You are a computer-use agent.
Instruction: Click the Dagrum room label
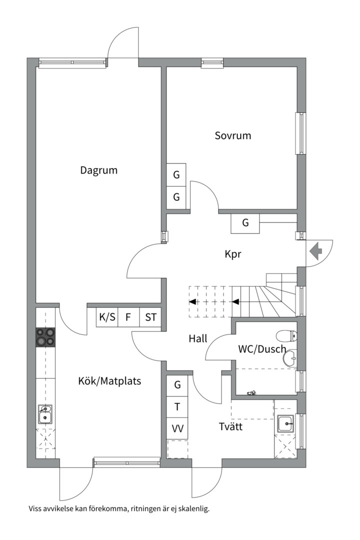99,170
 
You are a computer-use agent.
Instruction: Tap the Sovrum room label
233,135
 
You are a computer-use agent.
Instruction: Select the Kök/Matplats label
109,381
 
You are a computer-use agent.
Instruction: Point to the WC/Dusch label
262,349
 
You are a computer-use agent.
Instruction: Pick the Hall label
198,338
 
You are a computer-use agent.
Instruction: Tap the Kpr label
232,254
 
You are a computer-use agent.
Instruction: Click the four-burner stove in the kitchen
45,337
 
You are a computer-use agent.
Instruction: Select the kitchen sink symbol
45,414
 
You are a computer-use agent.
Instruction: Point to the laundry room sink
285,423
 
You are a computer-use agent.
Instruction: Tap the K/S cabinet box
107,317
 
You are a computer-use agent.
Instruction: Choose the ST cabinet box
150,317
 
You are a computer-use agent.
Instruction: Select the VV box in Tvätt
177,428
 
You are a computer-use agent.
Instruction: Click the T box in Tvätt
177,406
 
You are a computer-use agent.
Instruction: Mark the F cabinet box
128,317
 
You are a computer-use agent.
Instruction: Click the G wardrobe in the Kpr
245,223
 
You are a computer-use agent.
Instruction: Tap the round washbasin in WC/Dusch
289,358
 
